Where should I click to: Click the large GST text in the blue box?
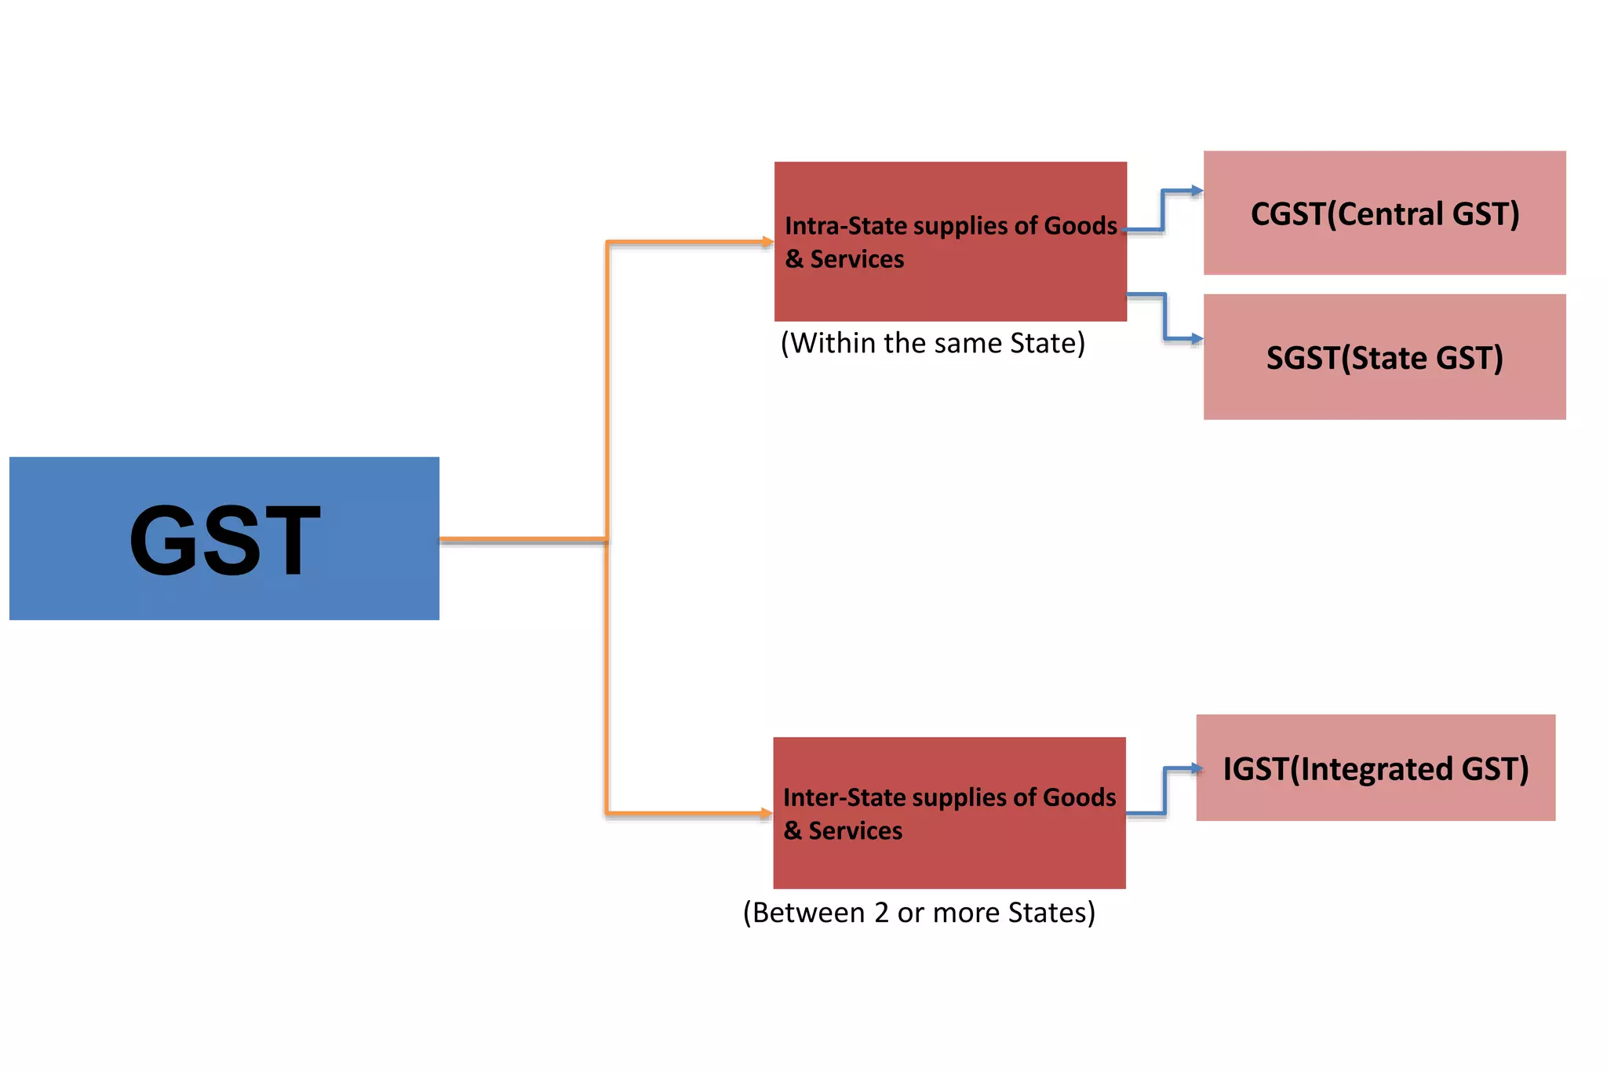click(225, 540)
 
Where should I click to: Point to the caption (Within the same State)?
click(932, 343)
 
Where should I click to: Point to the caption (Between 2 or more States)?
click(919, 913)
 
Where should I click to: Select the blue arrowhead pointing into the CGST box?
click(1196, 191)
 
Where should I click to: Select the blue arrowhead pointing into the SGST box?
click(1196, 339)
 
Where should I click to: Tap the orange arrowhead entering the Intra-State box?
click(767, 242)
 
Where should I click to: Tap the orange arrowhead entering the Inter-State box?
click(767, 813)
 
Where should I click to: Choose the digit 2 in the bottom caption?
click(881, 913)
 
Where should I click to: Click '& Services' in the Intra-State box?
click(844, 259)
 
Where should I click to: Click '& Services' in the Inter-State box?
click(843, 830)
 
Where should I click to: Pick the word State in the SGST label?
click(1390, 359)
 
